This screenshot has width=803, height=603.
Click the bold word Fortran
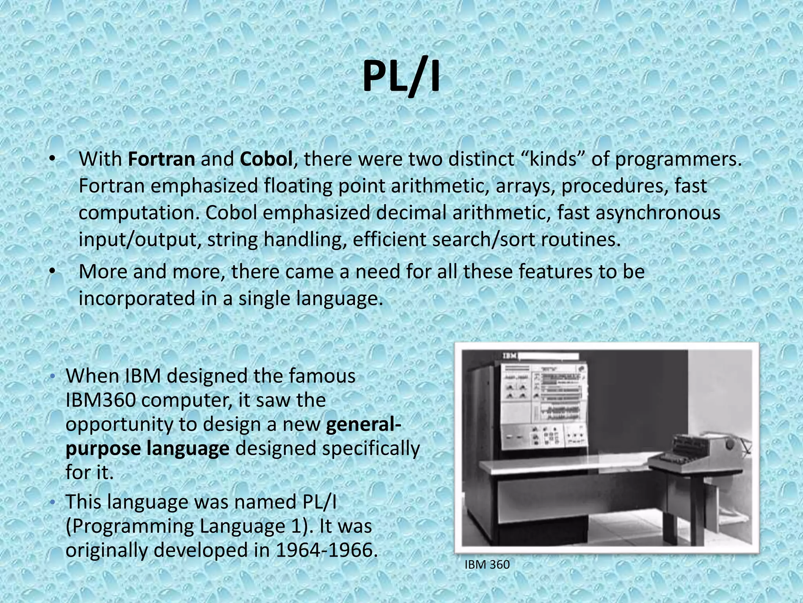tap(161, 159)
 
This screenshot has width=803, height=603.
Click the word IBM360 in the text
tap(101, 400)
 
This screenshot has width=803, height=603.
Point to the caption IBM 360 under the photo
tap(487, 565)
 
